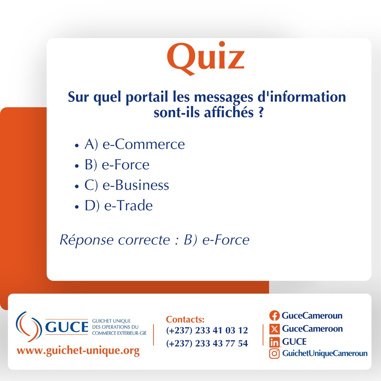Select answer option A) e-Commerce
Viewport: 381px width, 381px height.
pyautogui.click(x=134, y=144)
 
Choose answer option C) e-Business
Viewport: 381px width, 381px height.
pyautogui.click(x=127, y=185)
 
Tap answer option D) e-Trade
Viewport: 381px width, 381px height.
pyautogui.click(x=119, y=206)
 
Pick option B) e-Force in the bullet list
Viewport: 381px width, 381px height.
pyautogui.click(x=117, y=165)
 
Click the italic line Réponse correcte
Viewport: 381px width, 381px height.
pyautogui.click(x=155, y=240)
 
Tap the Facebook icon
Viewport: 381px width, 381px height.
pyautogui.click(x=274, y=316)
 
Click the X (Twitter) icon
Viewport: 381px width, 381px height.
pyautogui.click(x=274, y=329)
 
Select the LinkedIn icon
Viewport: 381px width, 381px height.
pyautogui.click(x=274, y=342)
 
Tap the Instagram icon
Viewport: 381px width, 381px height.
pyautogui.click(x=274, y=354)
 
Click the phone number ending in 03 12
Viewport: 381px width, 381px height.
pyautogui.click(x=207, y=331)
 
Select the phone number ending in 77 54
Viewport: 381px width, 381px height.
pyautogui.click(x=207, y=343)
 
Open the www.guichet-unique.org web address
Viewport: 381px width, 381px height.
pyautogui.click(x=78, y=351)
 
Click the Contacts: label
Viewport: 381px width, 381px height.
pyautogui.click(x=185, y=320)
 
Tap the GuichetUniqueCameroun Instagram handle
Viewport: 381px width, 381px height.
pyautogui.click(x=325, y=353)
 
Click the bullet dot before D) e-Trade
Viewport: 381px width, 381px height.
pyautogui.click(x=77, y=207)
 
